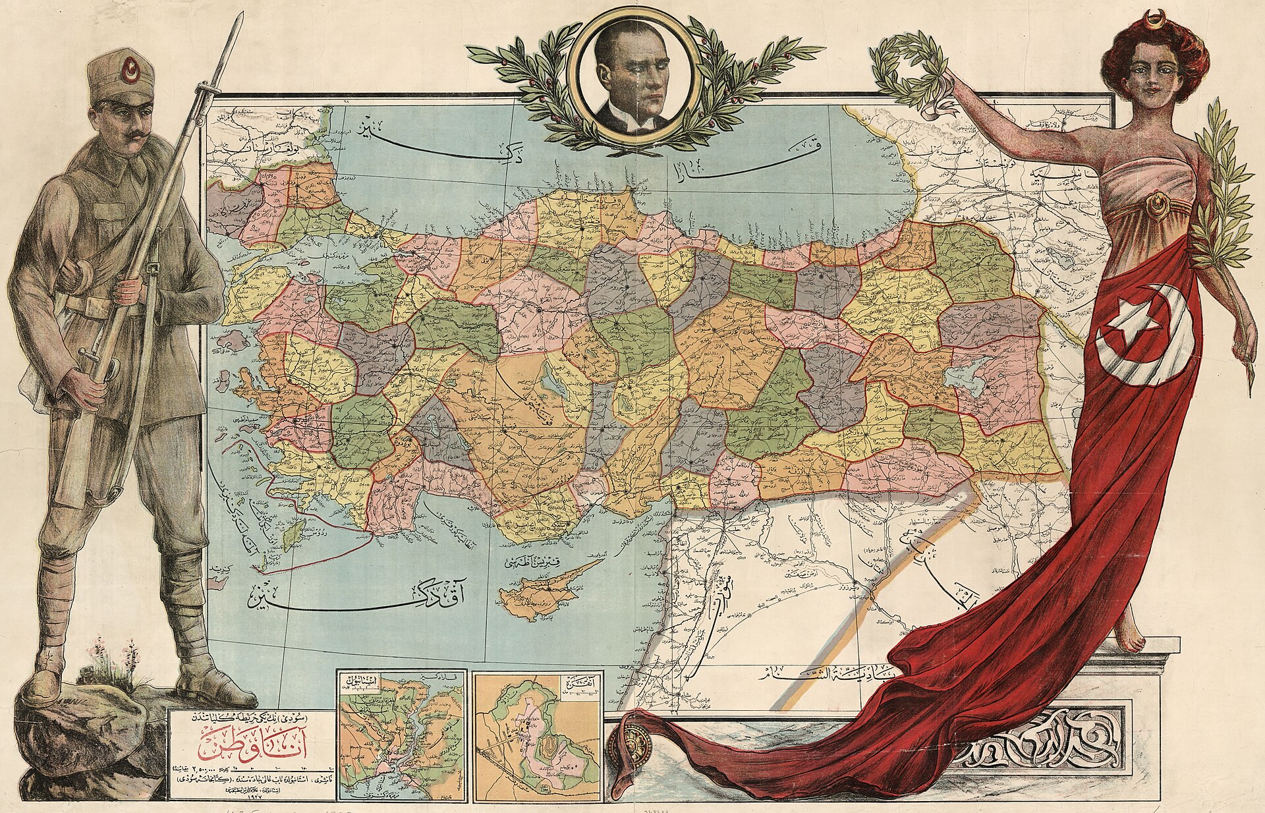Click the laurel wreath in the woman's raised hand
[x=910, y=69]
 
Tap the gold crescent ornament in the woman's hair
[x=1154, y=19]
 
